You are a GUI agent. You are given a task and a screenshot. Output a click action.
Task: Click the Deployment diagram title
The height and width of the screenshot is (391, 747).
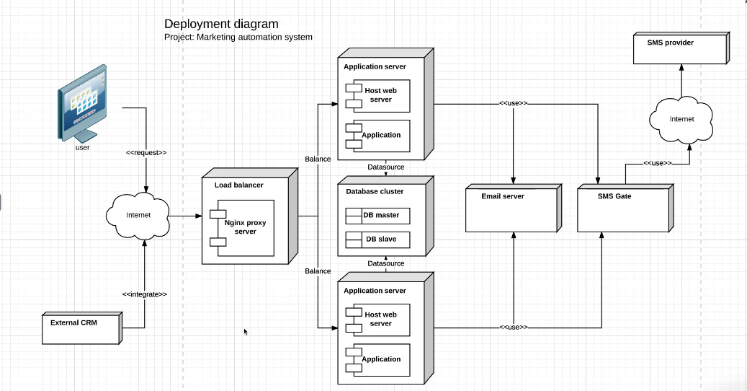tap(221, 25)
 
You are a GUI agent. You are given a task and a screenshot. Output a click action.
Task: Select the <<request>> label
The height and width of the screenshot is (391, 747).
tap(146, 153)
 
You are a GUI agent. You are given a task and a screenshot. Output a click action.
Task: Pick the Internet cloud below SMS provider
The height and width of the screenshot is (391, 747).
tap(681, 118)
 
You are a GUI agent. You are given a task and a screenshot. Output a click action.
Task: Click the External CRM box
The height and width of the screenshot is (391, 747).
tap(80, 327)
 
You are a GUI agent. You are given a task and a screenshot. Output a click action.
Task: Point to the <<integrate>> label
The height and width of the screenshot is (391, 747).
tap(145, 294)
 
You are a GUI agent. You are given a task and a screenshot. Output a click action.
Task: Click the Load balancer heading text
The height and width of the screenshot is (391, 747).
tap(238, 185)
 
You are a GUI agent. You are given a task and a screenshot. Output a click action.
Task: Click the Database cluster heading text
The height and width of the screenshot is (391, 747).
tap(375, 192)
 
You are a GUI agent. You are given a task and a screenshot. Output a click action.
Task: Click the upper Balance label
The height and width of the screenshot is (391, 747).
tap(318, 159)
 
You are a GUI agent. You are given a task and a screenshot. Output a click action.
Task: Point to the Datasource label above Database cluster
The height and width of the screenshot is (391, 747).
tap(385, 167)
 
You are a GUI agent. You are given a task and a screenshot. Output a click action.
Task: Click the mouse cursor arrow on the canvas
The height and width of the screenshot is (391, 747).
tap(246, 332)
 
